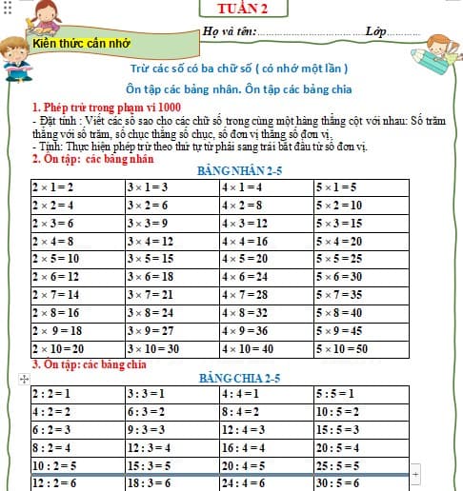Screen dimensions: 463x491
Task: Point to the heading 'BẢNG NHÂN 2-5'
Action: pos(238,171)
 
